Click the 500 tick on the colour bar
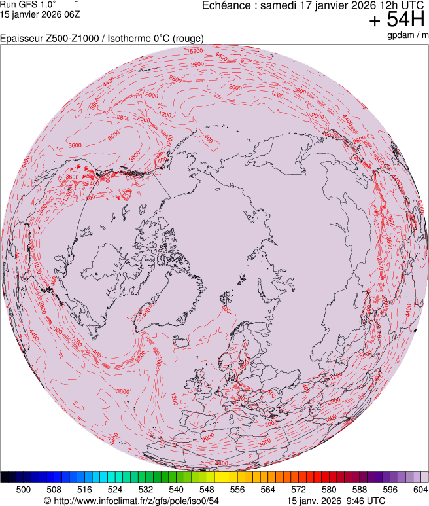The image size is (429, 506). (24, 488)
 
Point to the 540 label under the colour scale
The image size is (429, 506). (177, 488)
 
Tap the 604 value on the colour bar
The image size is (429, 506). (420, 488)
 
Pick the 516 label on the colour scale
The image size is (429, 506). (84, 488)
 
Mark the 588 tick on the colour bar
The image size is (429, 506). (359, 488)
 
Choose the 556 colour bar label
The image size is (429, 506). (237, 488)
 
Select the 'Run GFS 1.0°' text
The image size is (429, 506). (27, 4)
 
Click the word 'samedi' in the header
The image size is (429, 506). (277, 5)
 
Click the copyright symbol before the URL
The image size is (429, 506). (46, 501)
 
